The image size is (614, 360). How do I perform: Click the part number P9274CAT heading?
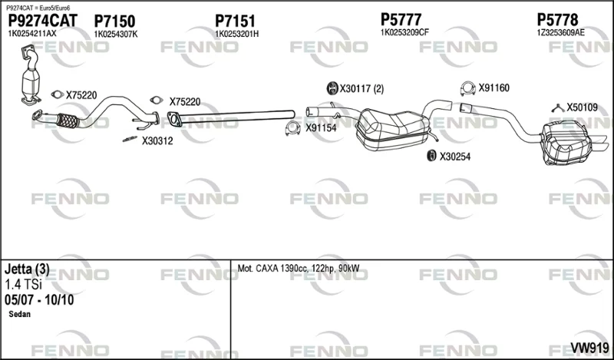coord(43,21)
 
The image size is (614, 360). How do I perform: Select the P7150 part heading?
coord(114,21)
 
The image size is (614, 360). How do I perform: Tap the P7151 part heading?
coord(235,21)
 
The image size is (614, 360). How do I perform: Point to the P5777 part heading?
coord(401,19)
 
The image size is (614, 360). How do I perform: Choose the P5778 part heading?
coord(557,19)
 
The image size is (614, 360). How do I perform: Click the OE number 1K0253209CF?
coord(405,32)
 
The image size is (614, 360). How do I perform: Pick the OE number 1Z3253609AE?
coord(560,32)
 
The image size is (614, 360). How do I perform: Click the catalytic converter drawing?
coord(31,77)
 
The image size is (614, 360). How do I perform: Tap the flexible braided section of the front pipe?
coord(68,121)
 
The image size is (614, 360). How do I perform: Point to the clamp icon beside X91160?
coord(467,88)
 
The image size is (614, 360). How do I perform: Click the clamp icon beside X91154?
coord(292,128)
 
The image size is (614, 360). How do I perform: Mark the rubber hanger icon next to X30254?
coord(431,156)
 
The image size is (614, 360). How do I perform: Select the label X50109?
coord(583,107)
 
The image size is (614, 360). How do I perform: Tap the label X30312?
coord(157,141)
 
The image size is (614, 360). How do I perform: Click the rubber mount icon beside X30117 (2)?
coord(332,88)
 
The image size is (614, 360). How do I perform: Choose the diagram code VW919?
coord(589,348)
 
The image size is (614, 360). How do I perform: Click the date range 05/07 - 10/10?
coord(39,300)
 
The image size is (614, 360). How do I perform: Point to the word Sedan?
coord(20,314)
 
